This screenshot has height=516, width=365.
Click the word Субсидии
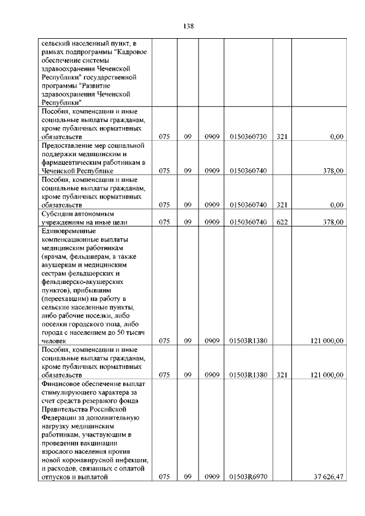[57, 213]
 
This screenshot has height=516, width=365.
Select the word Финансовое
[63, 384]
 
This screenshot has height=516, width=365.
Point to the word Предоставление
[68, 145]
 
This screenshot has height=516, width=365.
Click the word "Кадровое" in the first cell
[131, 51]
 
